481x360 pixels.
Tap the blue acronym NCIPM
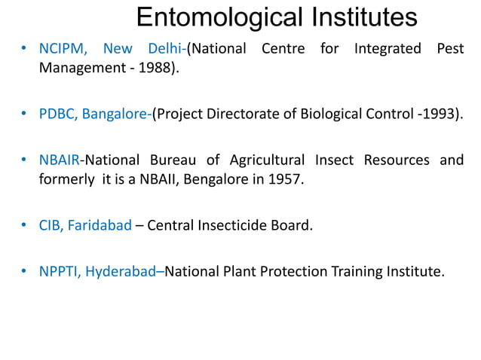[x=63, y=50]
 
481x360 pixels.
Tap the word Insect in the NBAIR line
[x=334, y=160]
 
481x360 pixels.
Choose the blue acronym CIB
[x=51, y=224]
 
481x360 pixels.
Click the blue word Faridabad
[x=100, y=224]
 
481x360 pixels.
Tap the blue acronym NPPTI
[x=59, y=270]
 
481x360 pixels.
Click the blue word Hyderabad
[x=120, y=270]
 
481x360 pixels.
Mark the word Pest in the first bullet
[x=449, y=50]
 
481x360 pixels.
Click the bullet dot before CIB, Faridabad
[x=24, y=224]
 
